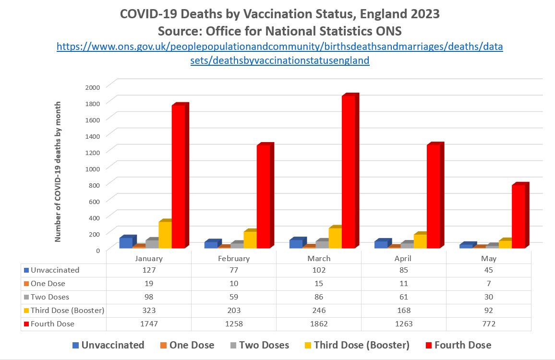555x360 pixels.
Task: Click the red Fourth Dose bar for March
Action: tap(349, 173)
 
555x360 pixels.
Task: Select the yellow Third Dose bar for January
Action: tap(165, 235)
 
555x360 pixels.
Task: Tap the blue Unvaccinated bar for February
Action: tap(211, 245)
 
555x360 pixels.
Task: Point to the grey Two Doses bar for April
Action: tap(407, 245)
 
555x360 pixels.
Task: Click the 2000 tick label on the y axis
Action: tap(93, 87)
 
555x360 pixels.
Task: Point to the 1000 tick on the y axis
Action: tap(93, 168)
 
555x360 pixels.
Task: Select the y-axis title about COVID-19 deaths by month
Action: tap(58, 171)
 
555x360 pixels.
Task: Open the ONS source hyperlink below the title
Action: tap(279, 54)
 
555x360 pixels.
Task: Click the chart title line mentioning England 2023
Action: tap(279, 14)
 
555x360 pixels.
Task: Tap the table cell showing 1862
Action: tap(319, 324)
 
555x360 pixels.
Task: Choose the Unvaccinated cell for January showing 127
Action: tap(149, 270)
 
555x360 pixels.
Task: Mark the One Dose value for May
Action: tap(489, 284)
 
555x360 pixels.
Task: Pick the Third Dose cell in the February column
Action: tap(234, 311)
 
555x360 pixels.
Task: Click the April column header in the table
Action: tap(404, 258)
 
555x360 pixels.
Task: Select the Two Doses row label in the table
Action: tap(49, 297)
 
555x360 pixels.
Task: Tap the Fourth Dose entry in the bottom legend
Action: tap(458, 345)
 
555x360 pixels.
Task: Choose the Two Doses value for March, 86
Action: tap(319, 297)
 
